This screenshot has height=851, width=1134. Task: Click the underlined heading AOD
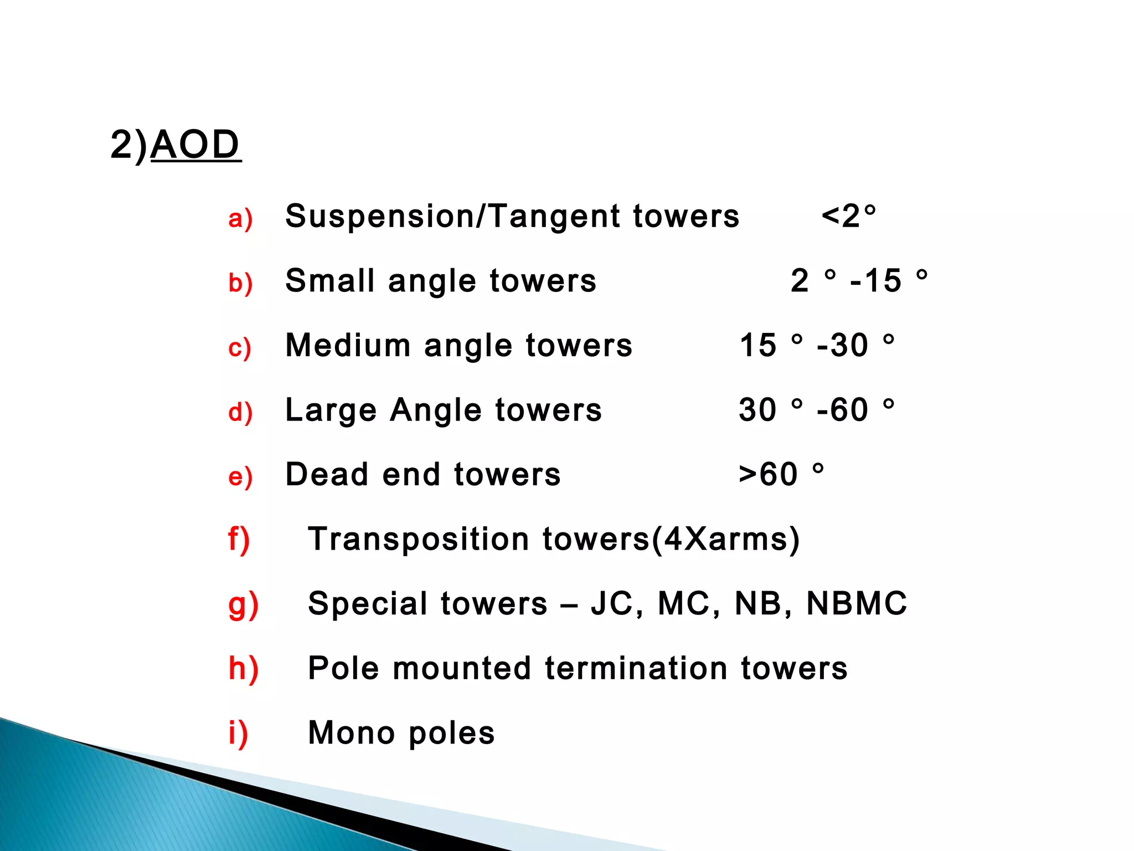click(x=195, y=145)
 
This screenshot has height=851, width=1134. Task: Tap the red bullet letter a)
click(x=240, y=218)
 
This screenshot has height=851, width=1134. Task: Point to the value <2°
click(x=849, y=216)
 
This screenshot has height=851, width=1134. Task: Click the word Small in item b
click(x=330, y=280)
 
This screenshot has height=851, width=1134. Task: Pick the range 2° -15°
click(x=859, y=280)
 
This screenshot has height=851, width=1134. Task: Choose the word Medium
click(x=348, y=345)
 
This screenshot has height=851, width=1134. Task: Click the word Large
click(x=331, y=411)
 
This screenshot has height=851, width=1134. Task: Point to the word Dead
click(x=327, y=474)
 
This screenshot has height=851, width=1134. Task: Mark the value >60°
click(x=781, y=474)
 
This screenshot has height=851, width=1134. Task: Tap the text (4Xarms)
click(x=725, y=539)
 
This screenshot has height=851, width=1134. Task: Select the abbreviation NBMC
click(x=857, y=603)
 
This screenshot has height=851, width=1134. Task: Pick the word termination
click(x=636, y=668)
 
